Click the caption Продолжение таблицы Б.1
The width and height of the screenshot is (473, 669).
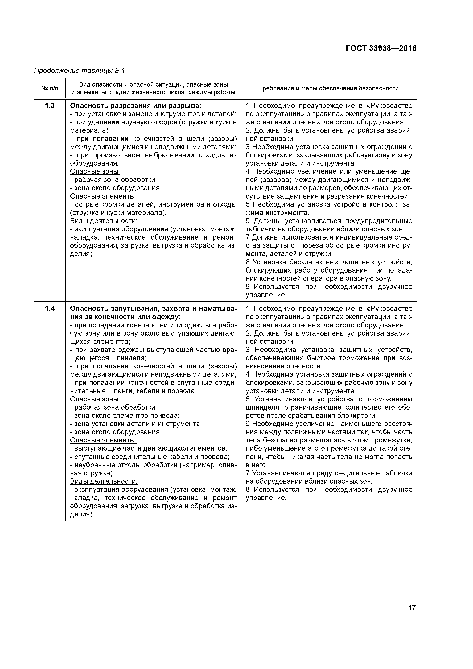tap(79, 71)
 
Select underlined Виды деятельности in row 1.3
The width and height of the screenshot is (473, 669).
tap(104, 221)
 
